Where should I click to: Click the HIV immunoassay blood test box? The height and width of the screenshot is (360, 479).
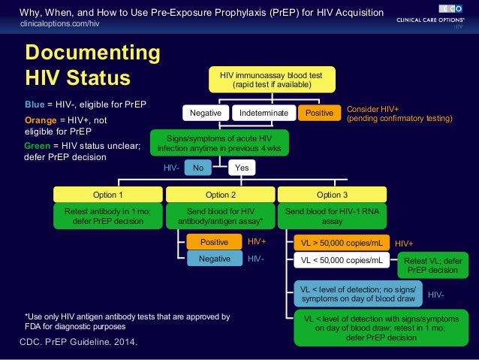[x=271, y=80]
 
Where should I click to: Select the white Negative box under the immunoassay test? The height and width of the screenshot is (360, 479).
[x=205, y=113]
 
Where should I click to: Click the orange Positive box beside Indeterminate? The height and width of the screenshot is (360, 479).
[x=318, y=113]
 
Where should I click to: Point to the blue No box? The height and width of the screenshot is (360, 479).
[x=198, y=168]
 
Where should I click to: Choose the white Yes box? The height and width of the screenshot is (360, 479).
[x=242, y=168]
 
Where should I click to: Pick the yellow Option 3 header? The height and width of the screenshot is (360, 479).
[x=332, y=195]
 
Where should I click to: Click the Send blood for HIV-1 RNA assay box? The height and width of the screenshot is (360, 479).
[x=332, y=216]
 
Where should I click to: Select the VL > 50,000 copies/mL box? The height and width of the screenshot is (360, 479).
[x=341, y=244]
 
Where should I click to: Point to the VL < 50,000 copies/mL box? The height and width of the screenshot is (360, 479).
[x=341, y=261]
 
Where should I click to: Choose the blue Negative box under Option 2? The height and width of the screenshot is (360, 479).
[x=214, y=259]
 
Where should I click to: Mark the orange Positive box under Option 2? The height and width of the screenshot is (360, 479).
[x=214, y=242]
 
